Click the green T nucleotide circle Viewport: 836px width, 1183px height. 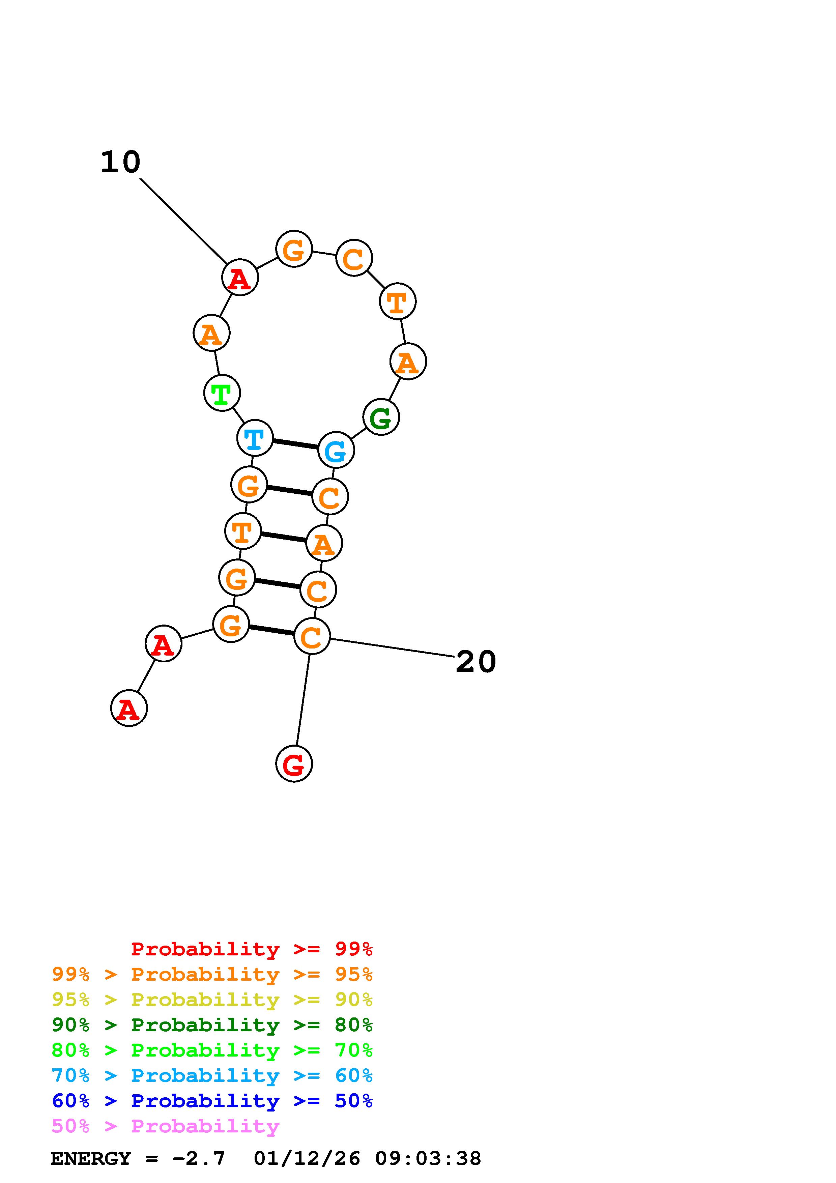click(222, 394)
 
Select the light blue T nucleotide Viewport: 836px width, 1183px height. click(255, 438)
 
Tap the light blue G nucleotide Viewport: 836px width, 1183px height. click(336, 450)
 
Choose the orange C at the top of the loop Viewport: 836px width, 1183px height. click(354, 258)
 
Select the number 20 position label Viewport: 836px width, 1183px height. click(476, 662)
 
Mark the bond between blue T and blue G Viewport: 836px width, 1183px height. click(295, 444)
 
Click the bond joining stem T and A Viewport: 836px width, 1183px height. click(283, 537)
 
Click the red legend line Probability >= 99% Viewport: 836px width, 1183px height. click(252, 949)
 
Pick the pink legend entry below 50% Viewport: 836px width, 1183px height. click(166, 1126)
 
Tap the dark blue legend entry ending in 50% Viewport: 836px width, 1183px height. click(212, 1101)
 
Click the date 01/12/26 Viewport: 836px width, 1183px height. click(307, 1159)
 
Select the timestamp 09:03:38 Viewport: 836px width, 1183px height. click(428, 1159)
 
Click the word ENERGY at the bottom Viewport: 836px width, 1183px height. click(91, 1159)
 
